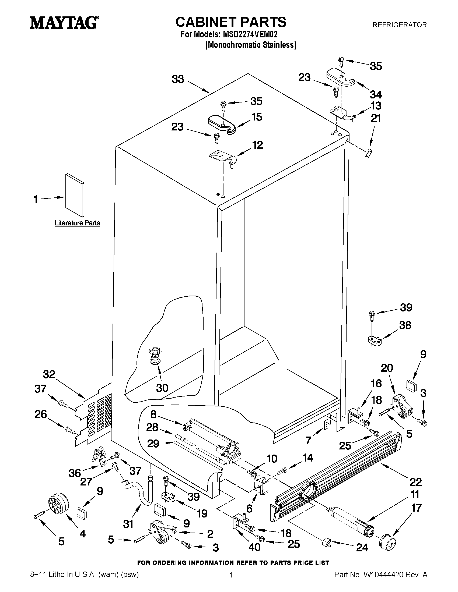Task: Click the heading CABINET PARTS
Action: coord(231,22)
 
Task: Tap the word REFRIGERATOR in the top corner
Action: coord(400,25)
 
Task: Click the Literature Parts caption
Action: coord(78,223)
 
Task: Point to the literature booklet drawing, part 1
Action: coord(74,195)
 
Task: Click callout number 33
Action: coord(178,79)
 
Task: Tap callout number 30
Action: coord(162,388)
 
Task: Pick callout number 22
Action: coord(416,482)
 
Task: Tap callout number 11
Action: coord(415,494)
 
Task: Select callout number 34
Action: coord(376,95)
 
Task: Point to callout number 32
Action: coord(49,374)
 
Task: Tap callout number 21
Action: coord(376,118)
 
